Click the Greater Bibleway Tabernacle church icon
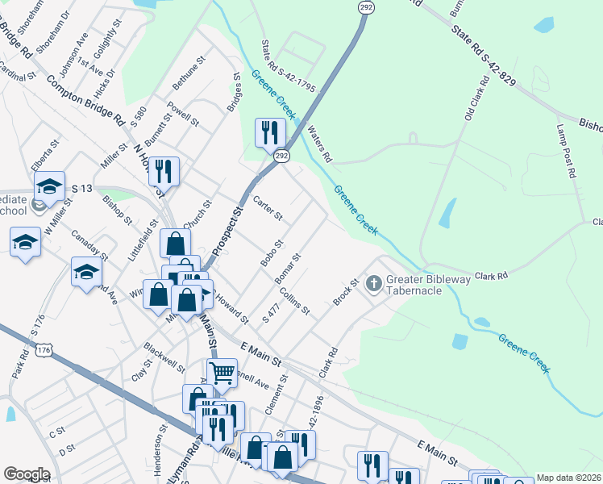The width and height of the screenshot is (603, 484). [x=373, y=284]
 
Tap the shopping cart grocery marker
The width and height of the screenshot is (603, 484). [x=222, y=373]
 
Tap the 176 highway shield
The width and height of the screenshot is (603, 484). [x=43, y=350]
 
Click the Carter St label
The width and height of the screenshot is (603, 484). [x=268, y=208]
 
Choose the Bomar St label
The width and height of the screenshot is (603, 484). [x=287, y=269]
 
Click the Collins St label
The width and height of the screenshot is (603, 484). [x=295, y=303]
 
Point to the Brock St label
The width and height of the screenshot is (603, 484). [x=345, y=293]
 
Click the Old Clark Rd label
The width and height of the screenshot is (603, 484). [x=476, y=99]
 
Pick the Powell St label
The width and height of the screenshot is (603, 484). [x=183, y=114]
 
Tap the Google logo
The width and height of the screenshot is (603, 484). [x=27, y=474]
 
